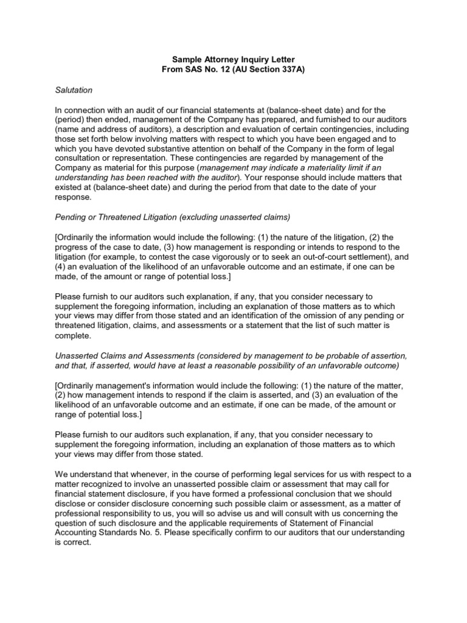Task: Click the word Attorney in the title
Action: [x=225, y=59]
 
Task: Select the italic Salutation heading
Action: [x=74, y=90]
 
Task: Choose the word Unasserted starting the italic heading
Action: [x=77, y=355]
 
